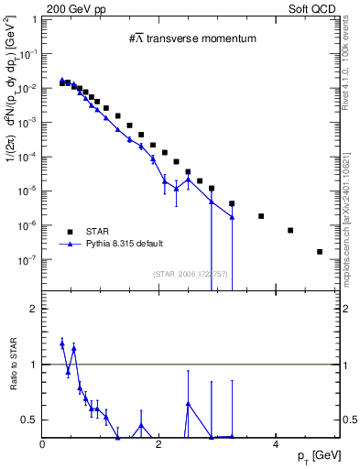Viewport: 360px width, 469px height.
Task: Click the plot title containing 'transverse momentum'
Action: coord(191,38)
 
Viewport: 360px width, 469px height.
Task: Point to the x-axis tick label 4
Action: coord(275,444)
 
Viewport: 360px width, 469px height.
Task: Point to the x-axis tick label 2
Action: coord(159,444)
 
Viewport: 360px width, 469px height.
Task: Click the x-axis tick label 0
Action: coord(44,444)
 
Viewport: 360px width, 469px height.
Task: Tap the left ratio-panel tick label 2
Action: coord(35,309)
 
